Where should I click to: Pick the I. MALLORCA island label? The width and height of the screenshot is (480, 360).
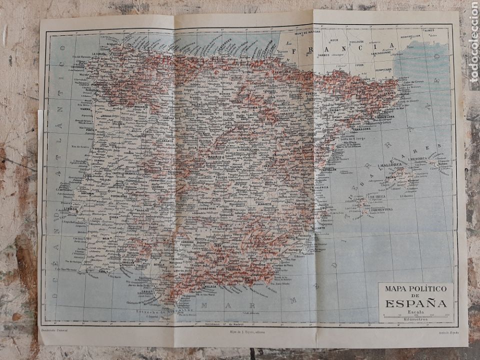389,165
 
